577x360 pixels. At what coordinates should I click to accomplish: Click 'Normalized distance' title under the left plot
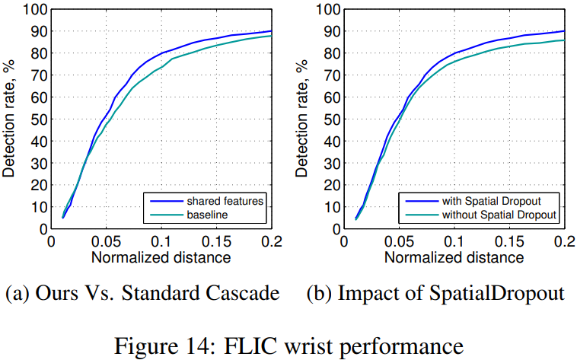[161, 257]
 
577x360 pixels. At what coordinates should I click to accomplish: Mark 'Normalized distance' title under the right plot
[454, 257]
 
